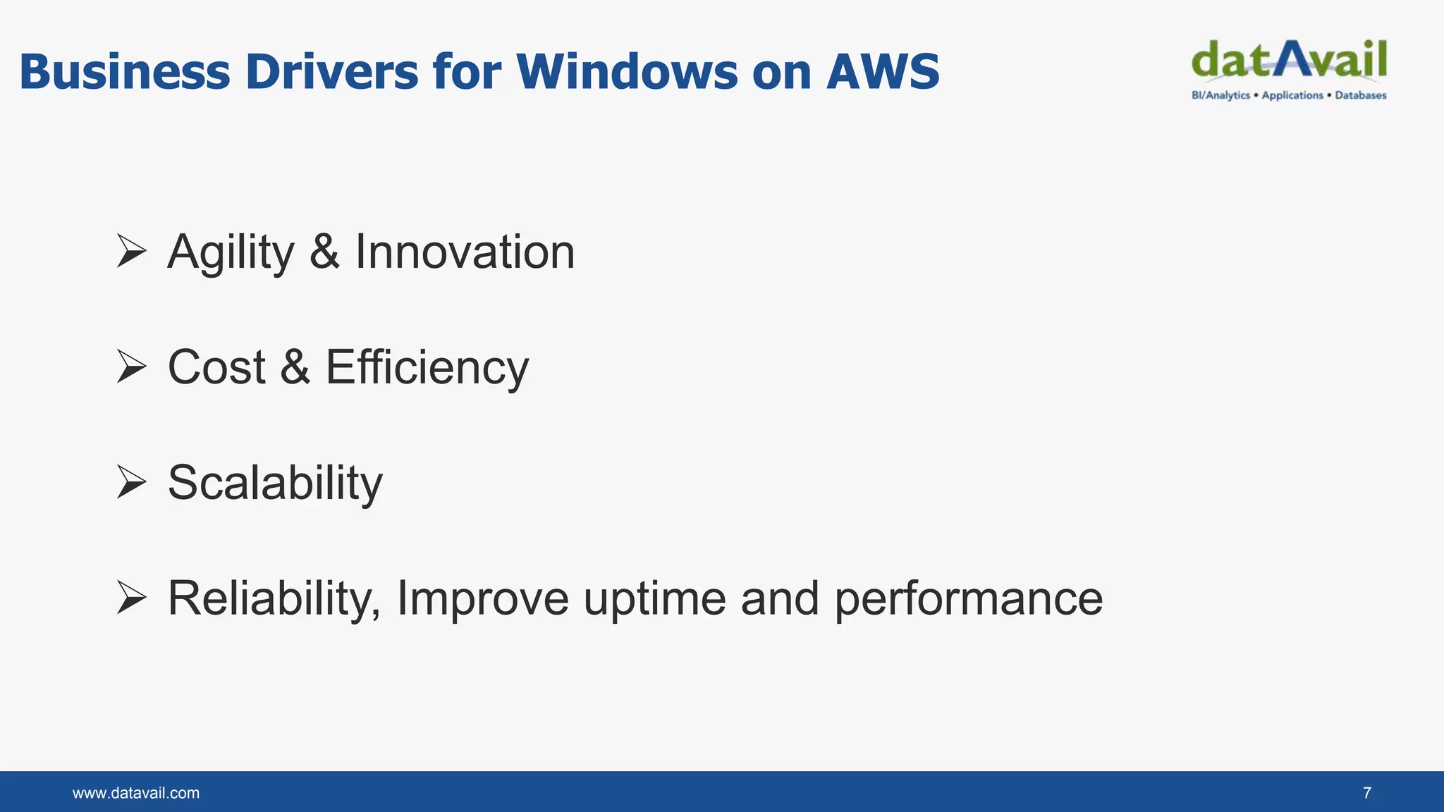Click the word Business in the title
[125, 72]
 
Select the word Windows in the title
[627, 72]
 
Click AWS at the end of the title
[883, 72]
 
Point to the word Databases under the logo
[1360, 95]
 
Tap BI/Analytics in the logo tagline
[1220, 95]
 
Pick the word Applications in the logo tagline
[1292, 95]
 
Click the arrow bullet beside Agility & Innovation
[131, 252]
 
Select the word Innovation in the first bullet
[465, 252]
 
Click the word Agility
[231, 253]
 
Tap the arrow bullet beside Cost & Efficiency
[131, 367]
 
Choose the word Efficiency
[427, 368]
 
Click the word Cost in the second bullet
[216, 367]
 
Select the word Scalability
[275, 484]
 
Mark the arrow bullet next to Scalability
[131, 482]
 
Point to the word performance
[969, 600]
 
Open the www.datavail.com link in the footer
[136, 793]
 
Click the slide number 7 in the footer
[1367, 793]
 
